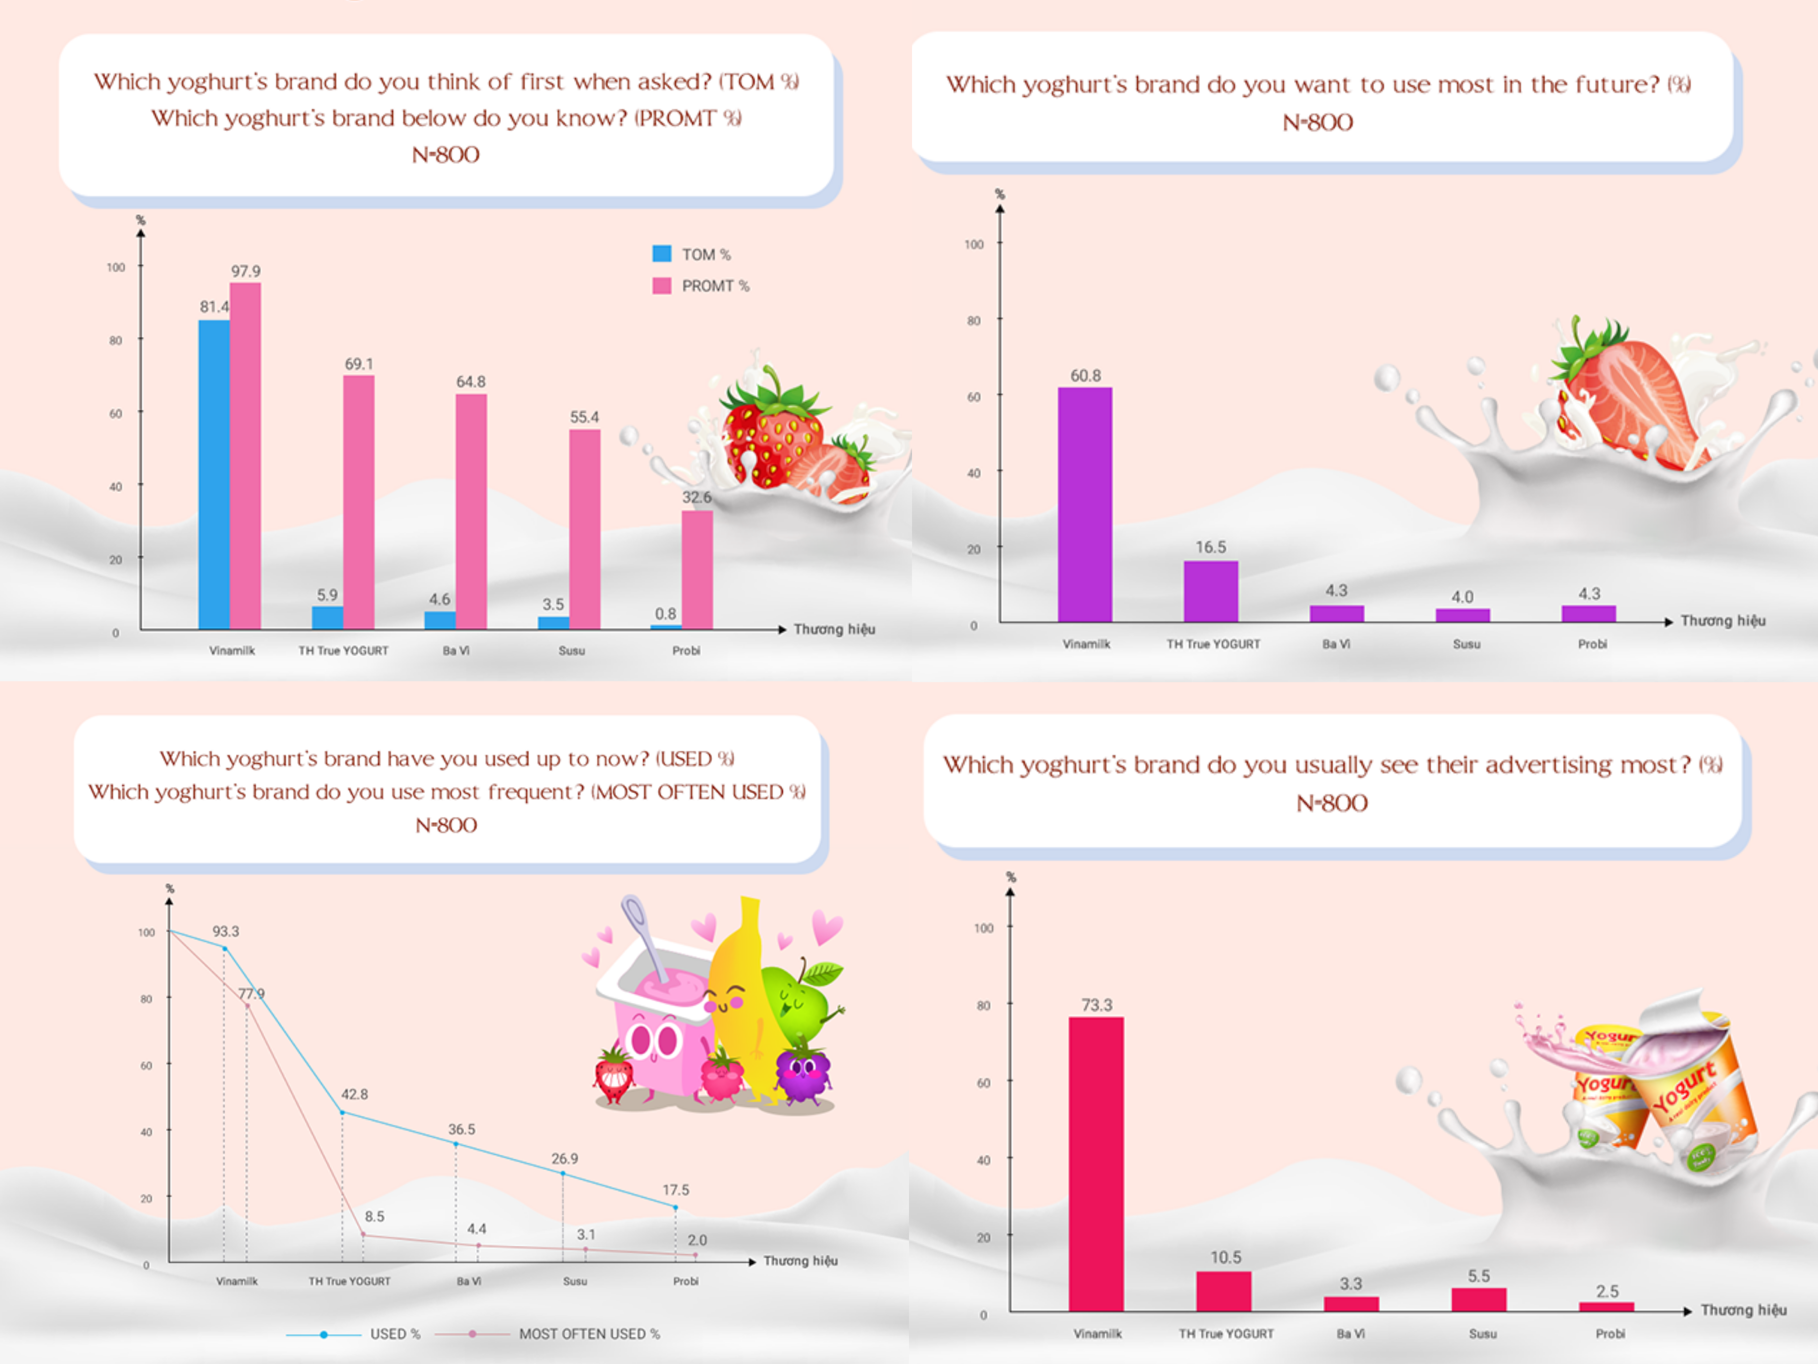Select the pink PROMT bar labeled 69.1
[359, 502]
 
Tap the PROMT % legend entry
[701, 285]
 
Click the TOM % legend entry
[692, 254]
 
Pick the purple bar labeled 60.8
[1085, 504]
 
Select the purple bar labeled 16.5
[1210, 591]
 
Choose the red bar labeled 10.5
[1224, 1291]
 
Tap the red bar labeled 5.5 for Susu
[1479, 1299]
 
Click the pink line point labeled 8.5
[363, 1234]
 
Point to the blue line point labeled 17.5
[676, 1207]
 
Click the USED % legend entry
[353, 1334]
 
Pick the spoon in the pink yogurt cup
[646, 937]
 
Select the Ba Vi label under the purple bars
[1336, 644]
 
